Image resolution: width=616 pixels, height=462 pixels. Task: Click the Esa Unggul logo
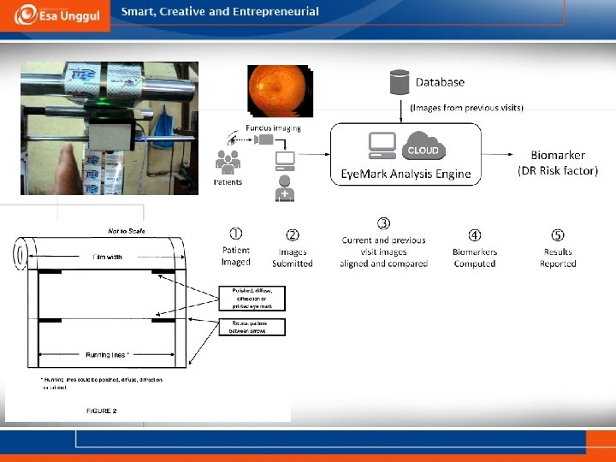[55, 15]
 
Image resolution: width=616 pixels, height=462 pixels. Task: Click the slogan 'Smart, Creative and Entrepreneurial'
[220, 12]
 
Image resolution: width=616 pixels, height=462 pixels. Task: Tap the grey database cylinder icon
[399, 82]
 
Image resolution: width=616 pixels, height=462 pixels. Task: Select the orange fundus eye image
[281, 92]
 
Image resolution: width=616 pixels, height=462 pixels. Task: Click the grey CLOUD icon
[423, 148]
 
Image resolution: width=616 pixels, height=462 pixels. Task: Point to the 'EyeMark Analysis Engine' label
[406, 174]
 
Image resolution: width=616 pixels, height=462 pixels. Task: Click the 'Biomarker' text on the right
[558, 155]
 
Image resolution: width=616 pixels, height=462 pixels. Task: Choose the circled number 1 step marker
[235, 233]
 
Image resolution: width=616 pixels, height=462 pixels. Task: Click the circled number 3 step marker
[384, 223]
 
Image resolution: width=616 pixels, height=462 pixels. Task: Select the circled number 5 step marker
[557, 234]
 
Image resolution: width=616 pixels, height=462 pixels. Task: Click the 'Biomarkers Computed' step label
[475, 258]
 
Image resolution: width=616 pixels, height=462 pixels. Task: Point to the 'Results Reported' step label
[557, 258]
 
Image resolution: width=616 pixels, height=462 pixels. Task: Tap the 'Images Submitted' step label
[292, 258]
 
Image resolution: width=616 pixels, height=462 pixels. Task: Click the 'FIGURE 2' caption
[102, 411]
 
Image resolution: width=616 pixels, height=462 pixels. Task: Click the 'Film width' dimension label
[109, 256]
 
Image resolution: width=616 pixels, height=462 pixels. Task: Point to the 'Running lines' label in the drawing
[107, 354]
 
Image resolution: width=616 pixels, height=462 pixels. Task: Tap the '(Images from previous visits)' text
[466, 108]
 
